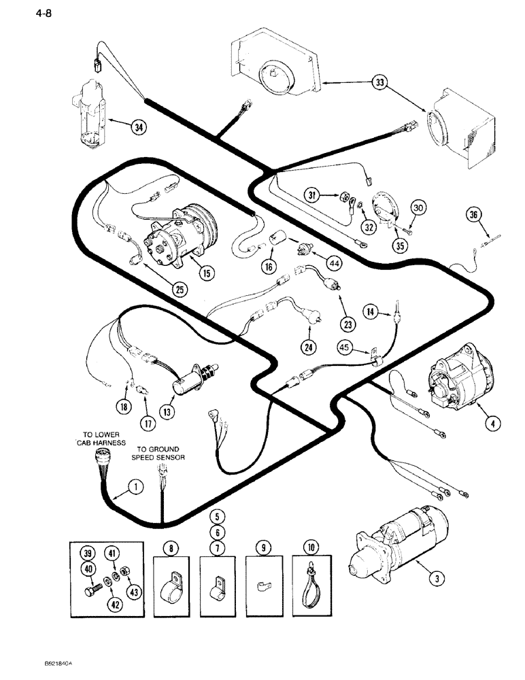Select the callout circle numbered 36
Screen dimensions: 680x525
(x=474, y=216)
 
